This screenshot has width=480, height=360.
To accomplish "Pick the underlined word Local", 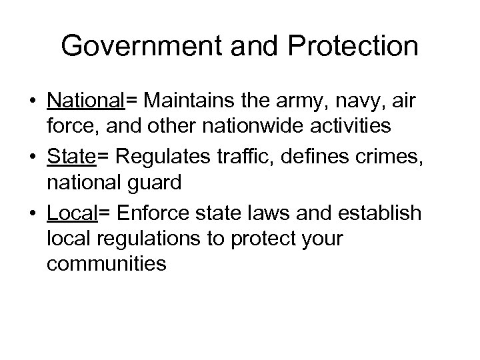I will point(71,213).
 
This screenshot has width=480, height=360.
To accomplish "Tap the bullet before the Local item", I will point(33,214).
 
